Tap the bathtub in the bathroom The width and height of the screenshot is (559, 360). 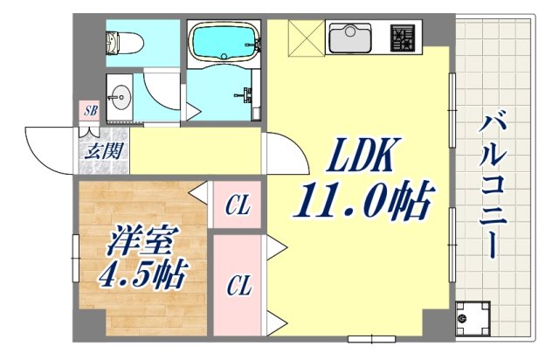pyautogui.click(x=222, y=40)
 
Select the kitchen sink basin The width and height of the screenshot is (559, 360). pyautogui.click(x=349, y=38)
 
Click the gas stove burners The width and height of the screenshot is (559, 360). pyautogui.click(x=403, y=38)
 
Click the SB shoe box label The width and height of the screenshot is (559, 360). pyautogui.click(x=90, y=110)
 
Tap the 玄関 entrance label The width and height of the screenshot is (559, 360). pyautogui.click(x=102, y=149)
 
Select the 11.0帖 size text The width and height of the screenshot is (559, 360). pyautogui.click(x=364, y=203)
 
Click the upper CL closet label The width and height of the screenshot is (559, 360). pyautogui.click(x=238, y=207)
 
